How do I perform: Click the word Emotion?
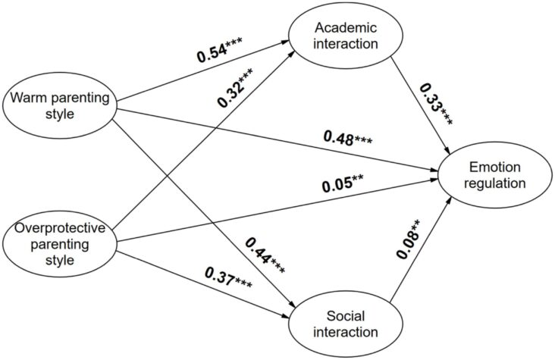pyautogui.click(x=494, y=166)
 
